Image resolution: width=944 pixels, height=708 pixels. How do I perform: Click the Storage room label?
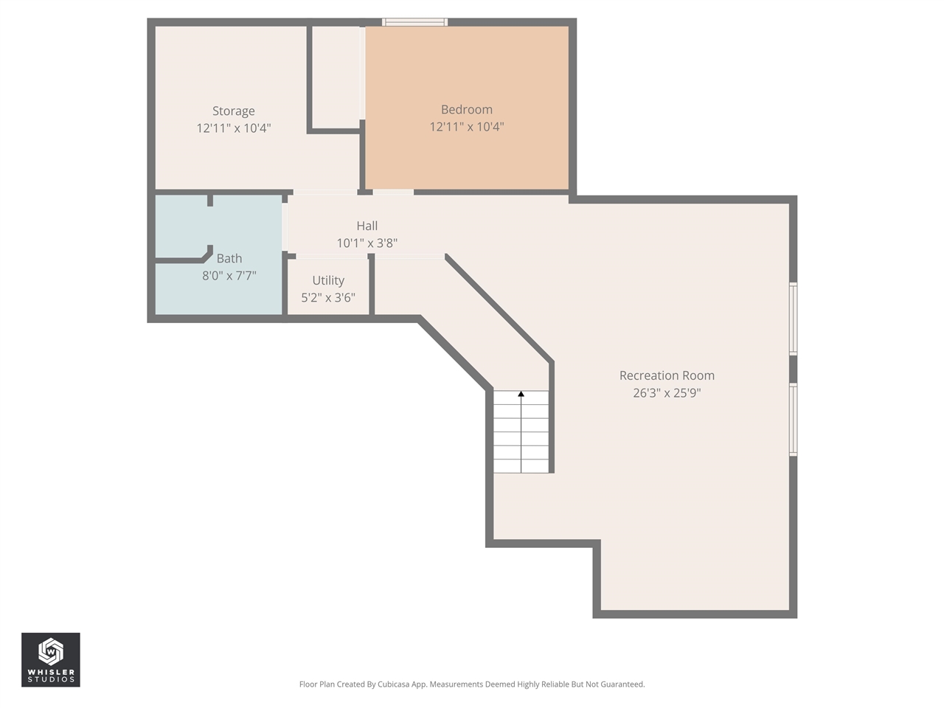pos(233,111)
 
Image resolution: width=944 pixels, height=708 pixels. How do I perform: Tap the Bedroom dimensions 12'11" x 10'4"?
pos(466,127)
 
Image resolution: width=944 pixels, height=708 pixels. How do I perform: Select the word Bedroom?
pos(466,110)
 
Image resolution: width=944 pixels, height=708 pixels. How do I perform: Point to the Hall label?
pos(367,226)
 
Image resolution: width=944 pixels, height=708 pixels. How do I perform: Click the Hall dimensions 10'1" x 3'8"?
pos(367,243)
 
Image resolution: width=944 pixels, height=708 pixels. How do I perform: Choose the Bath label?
pos(229,259)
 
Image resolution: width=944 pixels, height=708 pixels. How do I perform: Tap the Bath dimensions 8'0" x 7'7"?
pos(229,276)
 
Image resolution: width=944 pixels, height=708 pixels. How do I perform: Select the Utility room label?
pos(328,281)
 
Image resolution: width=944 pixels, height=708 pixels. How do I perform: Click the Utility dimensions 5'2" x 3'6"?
pos(328,298)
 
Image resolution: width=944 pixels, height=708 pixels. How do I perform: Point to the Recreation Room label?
pos(667,376)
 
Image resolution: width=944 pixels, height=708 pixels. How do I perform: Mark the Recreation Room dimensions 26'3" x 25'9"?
pos(667,393)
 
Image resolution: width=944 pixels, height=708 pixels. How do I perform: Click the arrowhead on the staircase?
pos(521,395)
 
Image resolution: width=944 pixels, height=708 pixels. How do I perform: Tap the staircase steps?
pos(521,435)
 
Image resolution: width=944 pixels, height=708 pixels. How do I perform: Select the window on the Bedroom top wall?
pos(414,22)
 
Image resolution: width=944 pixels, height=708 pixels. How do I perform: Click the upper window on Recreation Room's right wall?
pos(794,319)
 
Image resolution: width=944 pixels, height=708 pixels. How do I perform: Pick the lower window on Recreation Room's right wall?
pos(794,419)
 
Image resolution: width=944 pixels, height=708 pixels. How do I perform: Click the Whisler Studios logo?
pos(51,659)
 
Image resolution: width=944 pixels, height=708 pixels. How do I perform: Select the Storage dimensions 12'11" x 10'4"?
pos(233,128)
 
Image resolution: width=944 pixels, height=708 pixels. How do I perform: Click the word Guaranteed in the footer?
pos(623,684)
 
